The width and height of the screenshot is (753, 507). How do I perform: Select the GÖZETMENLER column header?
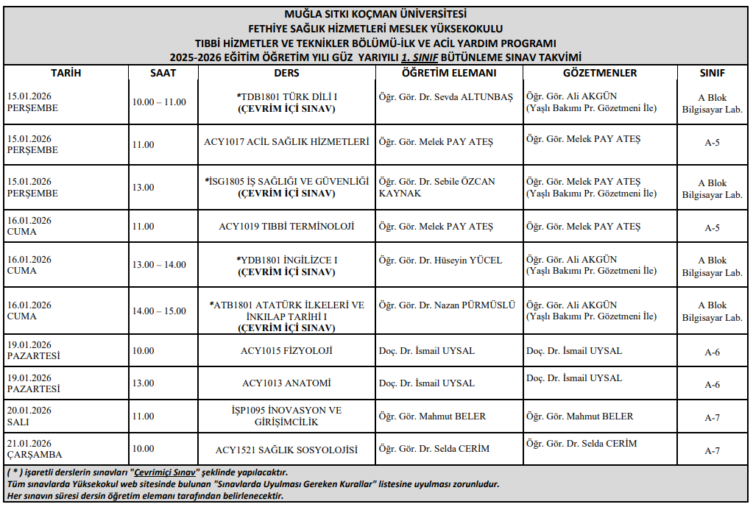[x=599, y=73]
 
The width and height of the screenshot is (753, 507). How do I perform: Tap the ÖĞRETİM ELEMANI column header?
[x=449, y=73]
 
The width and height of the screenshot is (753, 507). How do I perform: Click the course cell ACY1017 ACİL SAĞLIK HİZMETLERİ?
[x=286, y=142]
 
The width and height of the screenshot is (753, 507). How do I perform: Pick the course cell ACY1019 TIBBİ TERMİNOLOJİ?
[x=286, y=226]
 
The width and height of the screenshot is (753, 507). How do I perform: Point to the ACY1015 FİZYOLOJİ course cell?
[x=286, y=350]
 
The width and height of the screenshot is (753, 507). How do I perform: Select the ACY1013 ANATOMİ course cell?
[x=286, y=383]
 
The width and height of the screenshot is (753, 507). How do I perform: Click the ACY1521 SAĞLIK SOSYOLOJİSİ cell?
[x=286, y=449]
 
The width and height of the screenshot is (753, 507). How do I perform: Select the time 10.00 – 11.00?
[x=159, y=102]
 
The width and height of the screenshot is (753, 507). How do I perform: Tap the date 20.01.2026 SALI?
[x=29, y=416]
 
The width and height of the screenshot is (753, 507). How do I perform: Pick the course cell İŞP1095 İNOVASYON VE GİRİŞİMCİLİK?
[x=286, y=416]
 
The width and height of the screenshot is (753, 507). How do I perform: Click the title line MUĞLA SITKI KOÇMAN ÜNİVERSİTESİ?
[x=375, y=13]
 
